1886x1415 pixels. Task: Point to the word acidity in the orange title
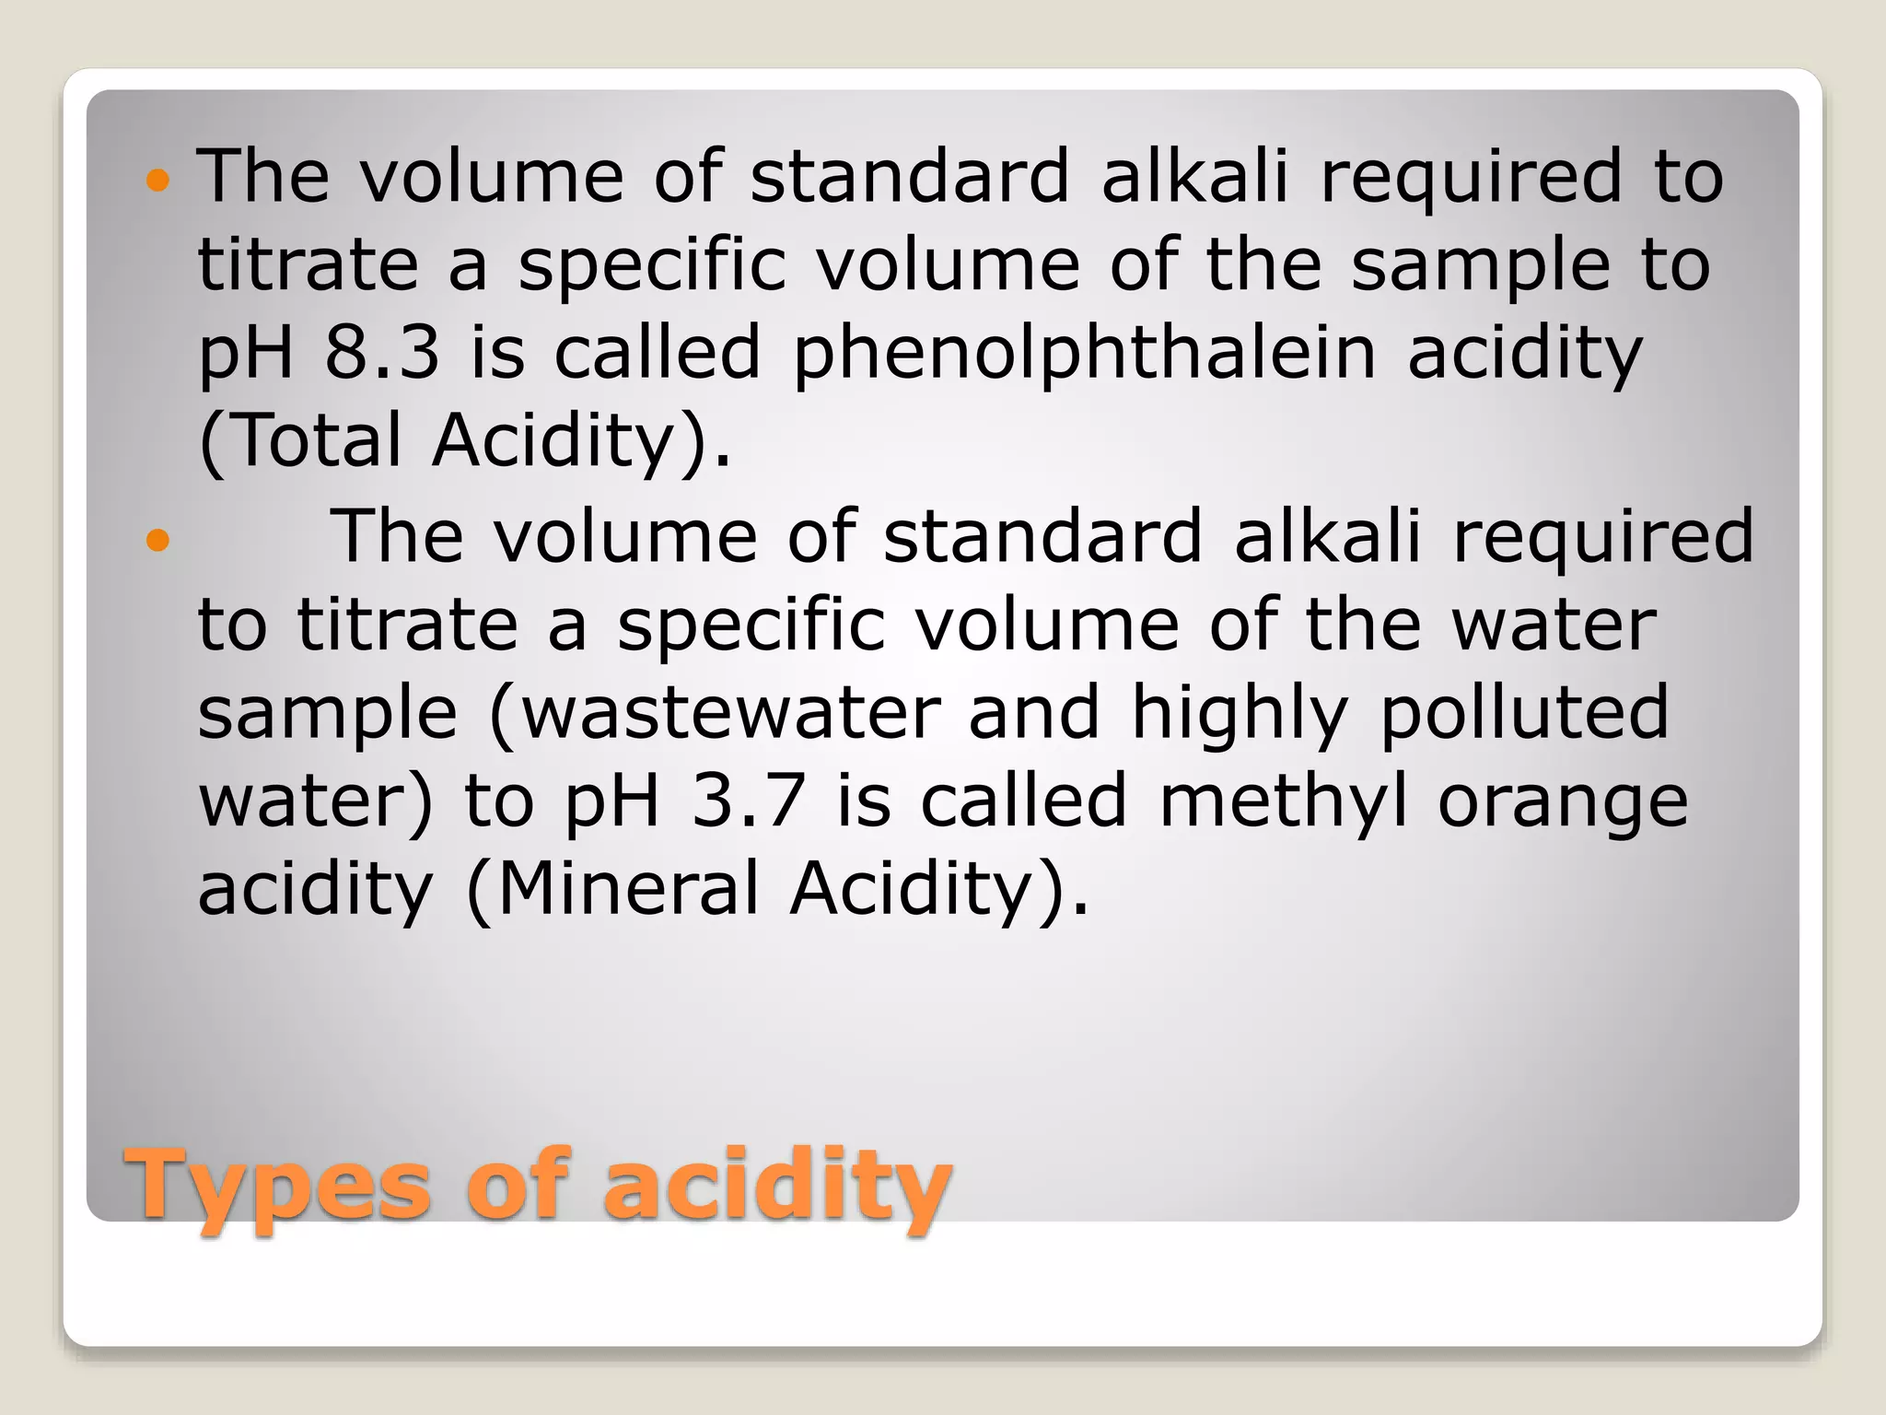click(x=777, y=1184)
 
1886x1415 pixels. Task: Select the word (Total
click(x=300, y=440)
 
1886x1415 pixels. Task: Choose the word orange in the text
click(x=1563, y=801)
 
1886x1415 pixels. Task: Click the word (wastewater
click(x=715, y=712)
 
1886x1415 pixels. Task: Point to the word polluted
click(x=1524, y=712)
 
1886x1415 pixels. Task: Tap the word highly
click(x=1240, y=712)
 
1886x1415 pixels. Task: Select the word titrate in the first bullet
click(x=308, y=265)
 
